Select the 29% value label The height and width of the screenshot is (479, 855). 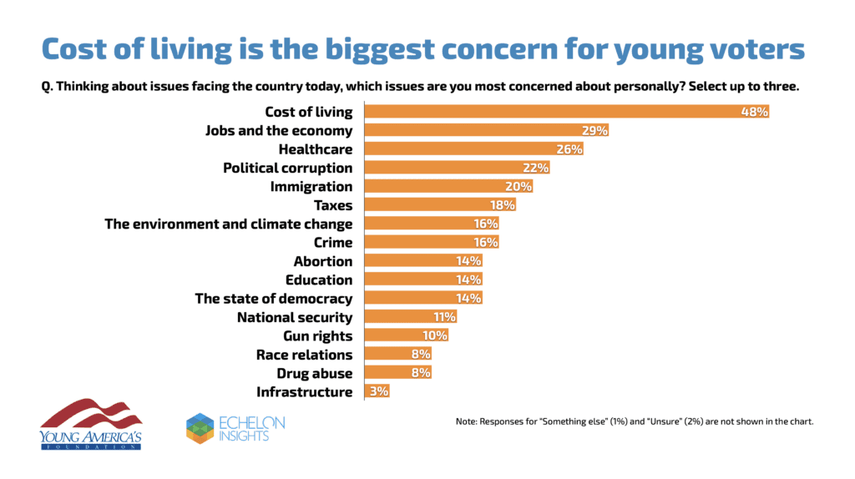click(x=595, y=130)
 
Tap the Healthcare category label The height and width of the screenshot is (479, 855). click(x=316, y=149)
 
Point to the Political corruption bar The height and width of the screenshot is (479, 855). click(x=457, y=168)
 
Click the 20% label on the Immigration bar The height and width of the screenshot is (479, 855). click(x=519, y=186)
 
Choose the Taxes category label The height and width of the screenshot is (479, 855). click(x=332, y=205)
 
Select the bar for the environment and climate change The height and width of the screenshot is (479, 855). click(x=432, y=224)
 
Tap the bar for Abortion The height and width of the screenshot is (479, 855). click(x=423, y=261)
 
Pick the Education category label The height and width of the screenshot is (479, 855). click(x=319, y=280)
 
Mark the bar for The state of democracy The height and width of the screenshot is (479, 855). click(x=423, y=298)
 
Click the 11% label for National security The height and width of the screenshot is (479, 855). click(x=444, y=317)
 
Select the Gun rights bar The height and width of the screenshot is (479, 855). click(x=407, y=335)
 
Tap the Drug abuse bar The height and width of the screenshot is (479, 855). click(x=398, y=373)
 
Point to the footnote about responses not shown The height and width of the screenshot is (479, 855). click(x=635, y=421)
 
